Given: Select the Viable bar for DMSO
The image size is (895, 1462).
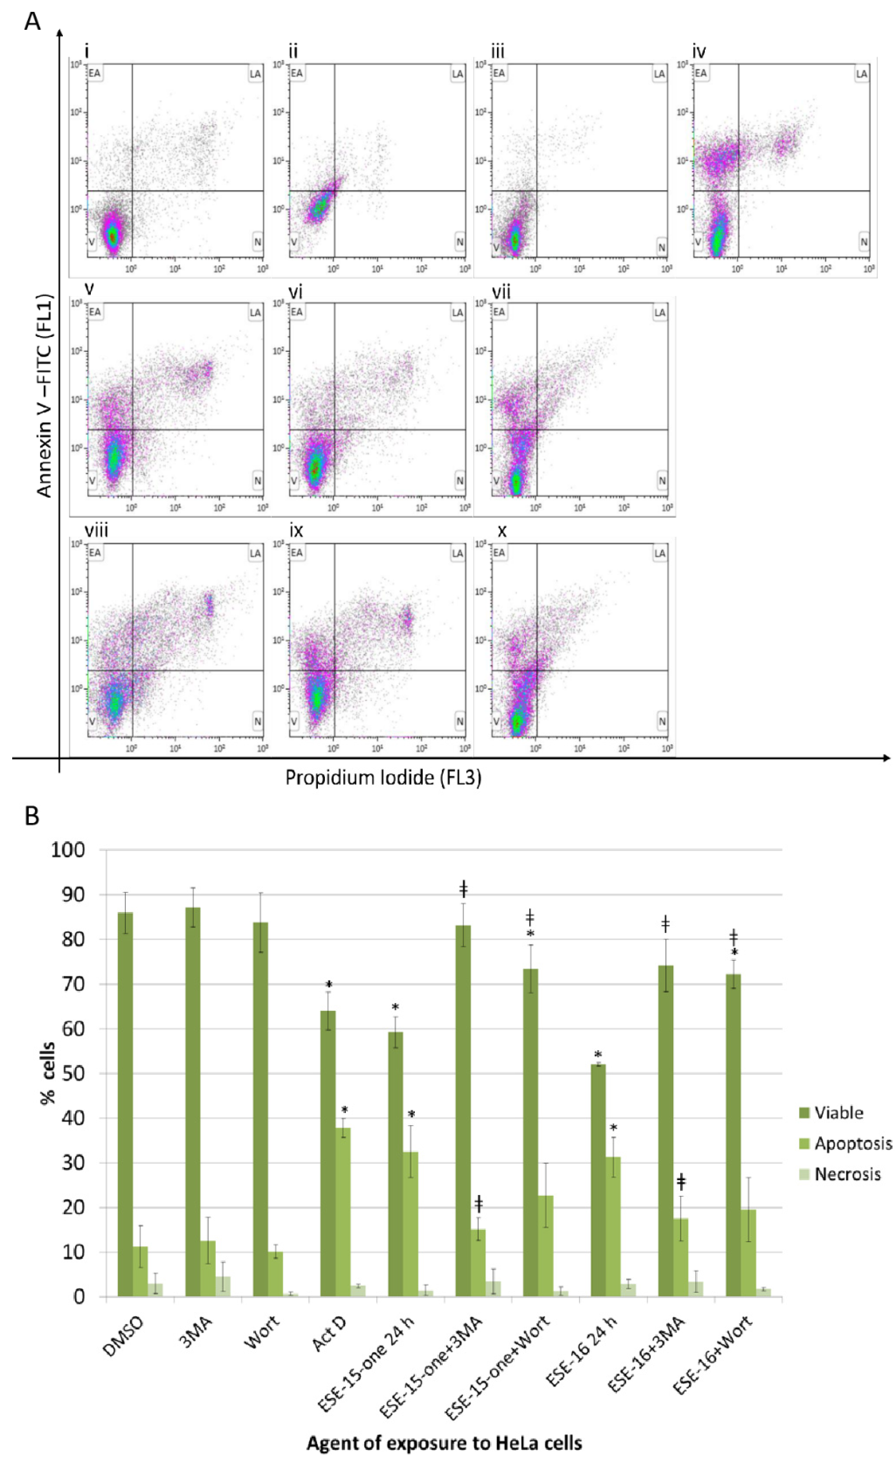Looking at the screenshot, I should (125, 1110).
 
